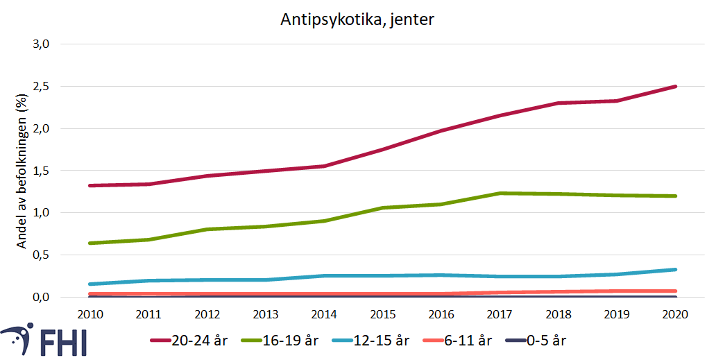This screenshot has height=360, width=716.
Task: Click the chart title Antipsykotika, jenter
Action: (x=357, y=20)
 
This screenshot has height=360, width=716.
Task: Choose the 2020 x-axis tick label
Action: (x=675, y=314)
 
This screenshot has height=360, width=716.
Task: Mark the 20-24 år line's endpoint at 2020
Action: (x=675, y=87)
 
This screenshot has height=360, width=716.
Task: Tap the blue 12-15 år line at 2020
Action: (x=675, y=269)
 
